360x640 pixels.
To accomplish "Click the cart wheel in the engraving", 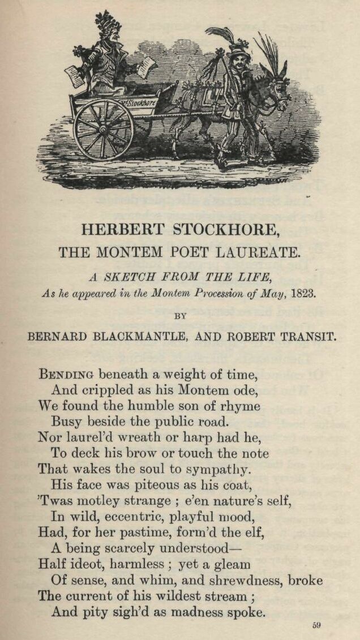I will pos(104,130).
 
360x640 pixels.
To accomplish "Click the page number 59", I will pos(316,625).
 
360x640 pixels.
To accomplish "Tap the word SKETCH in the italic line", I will pos(140,277).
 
